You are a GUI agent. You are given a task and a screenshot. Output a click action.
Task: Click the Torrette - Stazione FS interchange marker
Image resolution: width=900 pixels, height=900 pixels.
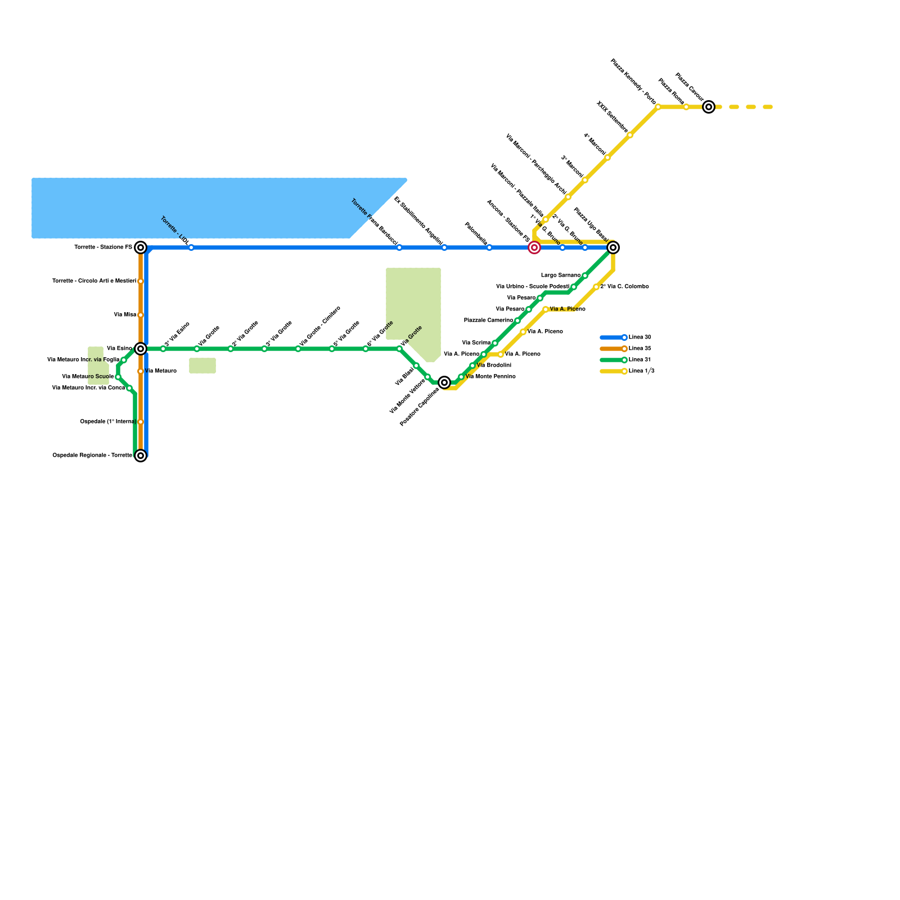click(x=141, y=247)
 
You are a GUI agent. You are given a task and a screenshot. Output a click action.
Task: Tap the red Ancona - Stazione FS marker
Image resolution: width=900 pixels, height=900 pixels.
click(x=534, y=247)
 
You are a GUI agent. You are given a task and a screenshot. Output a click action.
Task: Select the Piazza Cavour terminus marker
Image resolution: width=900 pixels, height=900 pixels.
click(x=709, y=107)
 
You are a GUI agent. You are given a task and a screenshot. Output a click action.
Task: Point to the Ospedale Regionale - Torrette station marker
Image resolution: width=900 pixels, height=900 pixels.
click(x=141, y=456)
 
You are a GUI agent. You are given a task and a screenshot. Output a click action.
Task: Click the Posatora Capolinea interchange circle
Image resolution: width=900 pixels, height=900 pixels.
click(x=444, y=382)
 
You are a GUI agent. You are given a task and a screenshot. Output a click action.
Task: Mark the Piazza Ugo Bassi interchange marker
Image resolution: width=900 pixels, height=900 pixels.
click(x=613, y=247)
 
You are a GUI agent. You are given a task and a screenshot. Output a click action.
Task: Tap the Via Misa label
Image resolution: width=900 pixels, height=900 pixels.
click(x=125, y=315)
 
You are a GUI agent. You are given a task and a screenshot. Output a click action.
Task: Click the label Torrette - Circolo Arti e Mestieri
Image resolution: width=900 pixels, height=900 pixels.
click(x=94, y=281)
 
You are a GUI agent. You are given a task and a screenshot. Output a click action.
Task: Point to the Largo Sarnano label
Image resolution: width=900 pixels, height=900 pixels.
click(x=560, y=276)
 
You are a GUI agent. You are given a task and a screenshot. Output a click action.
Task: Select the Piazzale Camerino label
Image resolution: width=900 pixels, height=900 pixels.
click(x=488, y=321)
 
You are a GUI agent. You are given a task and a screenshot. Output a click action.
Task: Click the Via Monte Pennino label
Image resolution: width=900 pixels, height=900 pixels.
click(x=490, y=377)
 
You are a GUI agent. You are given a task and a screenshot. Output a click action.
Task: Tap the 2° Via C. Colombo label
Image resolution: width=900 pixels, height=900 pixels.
click(x=624, y=287)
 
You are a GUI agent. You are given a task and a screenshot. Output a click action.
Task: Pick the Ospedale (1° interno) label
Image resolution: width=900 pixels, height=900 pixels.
click(x=108, y=422)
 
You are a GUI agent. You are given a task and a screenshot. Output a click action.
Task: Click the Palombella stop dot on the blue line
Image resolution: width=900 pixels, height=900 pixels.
click(x=489, y=247)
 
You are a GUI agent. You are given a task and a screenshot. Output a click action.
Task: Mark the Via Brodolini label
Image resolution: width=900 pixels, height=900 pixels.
click(x=494, y=366)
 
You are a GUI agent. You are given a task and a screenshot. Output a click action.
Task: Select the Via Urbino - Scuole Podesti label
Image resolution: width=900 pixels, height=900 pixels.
click(x=533, y=287)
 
